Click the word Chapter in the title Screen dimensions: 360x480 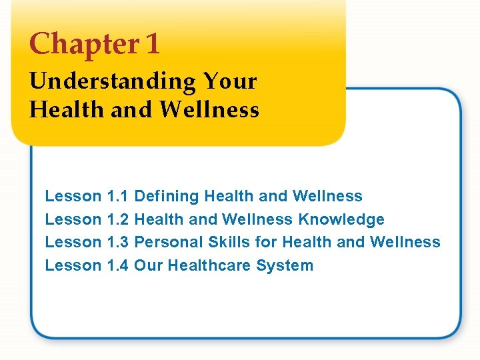pos(83,45)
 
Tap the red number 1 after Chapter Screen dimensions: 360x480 pos(152,45)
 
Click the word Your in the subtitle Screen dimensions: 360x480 pos(229,81)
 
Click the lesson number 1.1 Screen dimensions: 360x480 pos(118,196)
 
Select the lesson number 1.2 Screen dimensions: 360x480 pos(118,219)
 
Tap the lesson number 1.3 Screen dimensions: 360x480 pos(118,242)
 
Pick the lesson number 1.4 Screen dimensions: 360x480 pos(118,265)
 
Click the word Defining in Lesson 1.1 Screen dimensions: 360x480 pos(167,196)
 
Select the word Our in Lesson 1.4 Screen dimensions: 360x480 pos(148,265)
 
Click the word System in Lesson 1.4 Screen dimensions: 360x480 pos(289,265)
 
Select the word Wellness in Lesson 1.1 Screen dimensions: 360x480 pos(327,196)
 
